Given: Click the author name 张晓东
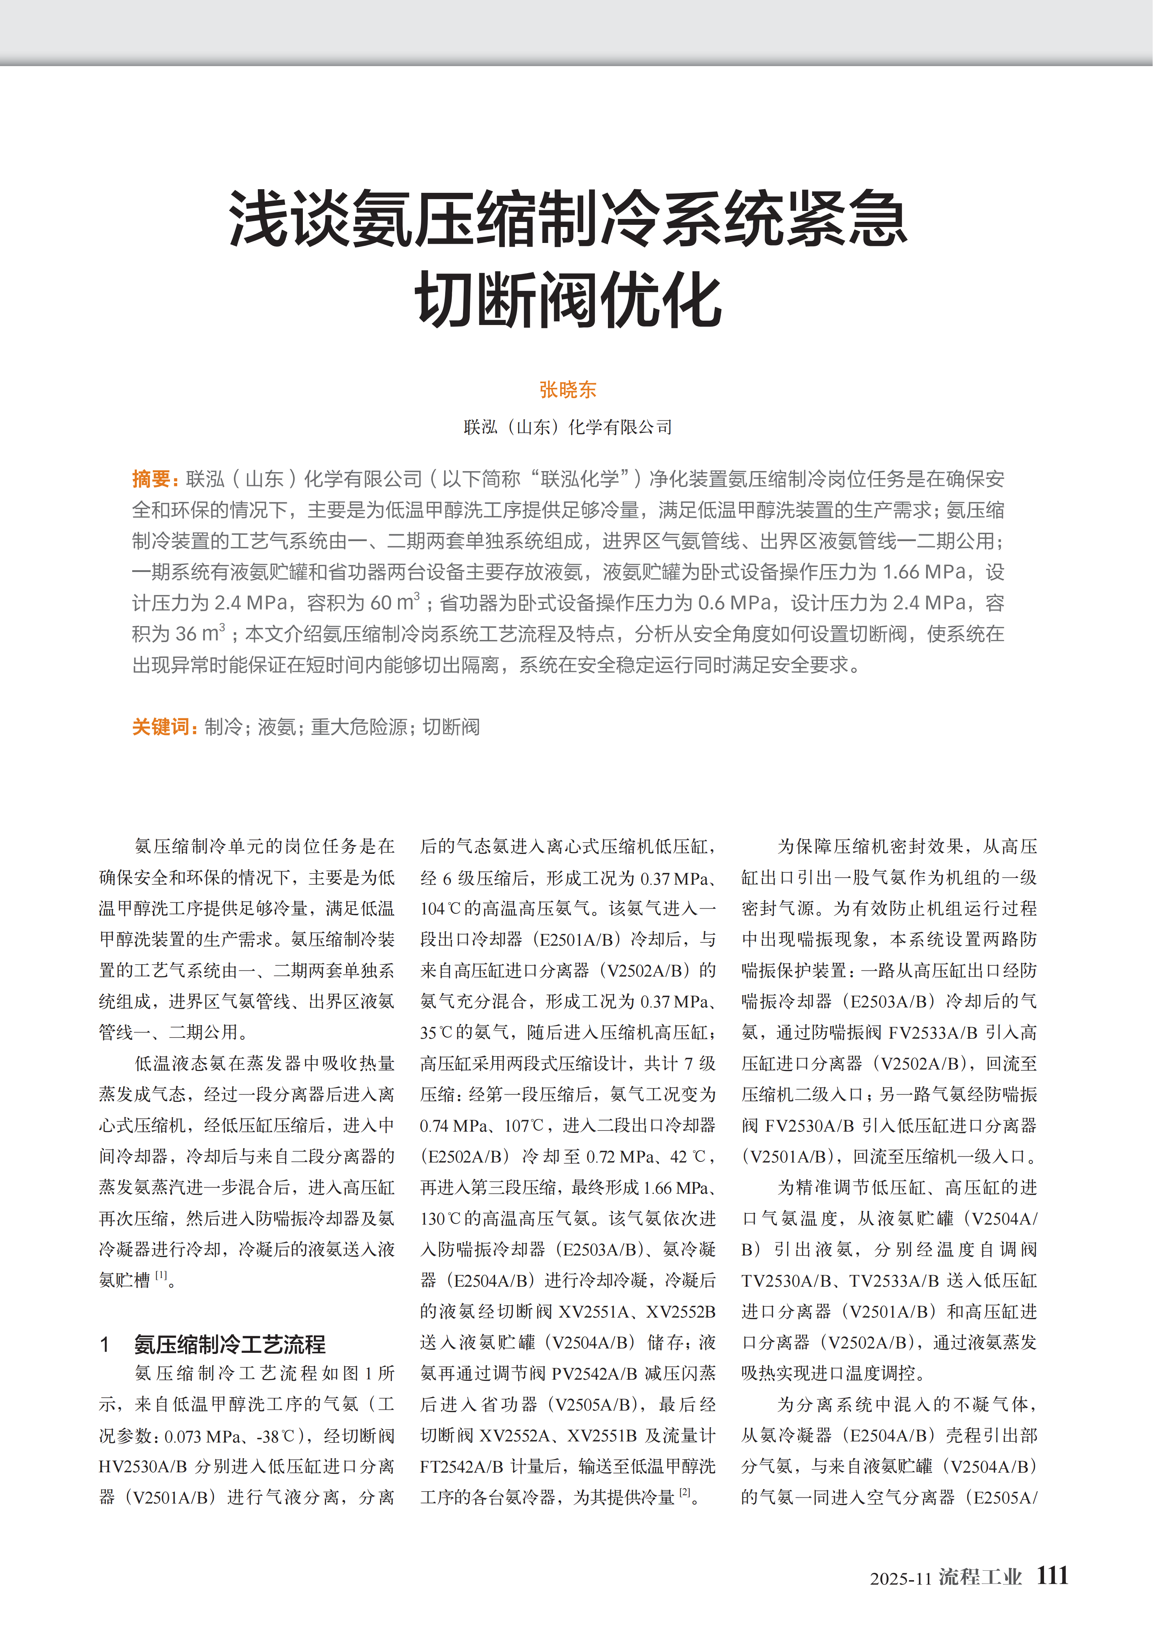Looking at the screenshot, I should click(568, 389).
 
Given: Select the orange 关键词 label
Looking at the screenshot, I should click(161, 727).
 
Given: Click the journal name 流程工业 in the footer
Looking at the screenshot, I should click(980, 1577).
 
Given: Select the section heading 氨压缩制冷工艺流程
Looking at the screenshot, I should click(230, 1344).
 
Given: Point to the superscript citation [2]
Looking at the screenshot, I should click(684, 1493).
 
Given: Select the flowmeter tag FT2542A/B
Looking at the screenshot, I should click(463, 1467).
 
